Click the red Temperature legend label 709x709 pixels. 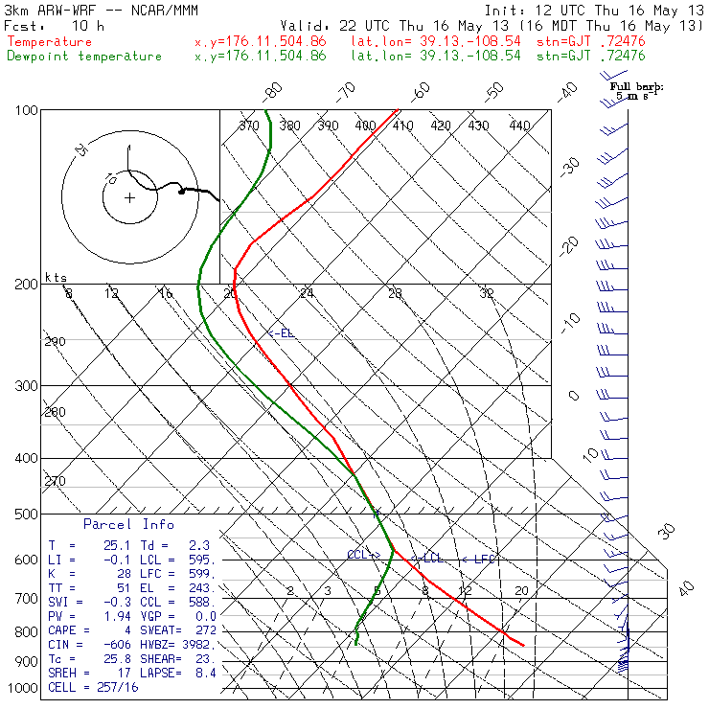[x=50, y=42]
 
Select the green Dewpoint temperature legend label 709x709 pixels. [x=84, y=56]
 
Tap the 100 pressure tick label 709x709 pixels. [x=27, y=111]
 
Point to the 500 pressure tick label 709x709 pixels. [x=27, y=515]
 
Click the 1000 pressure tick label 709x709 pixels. [x=23, y=689]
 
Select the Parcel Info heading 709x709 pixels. [x=128, y=525]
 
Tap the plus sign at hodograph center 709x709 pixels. [x=129, y=198]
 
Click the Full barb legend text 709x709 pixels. [x=637, y=86]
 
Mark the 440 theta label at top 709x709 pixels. [x=519, y=126]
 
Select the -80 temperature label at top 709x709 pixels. [x=273, y=92]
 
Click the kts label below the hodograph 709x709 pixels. [x=57, y=277]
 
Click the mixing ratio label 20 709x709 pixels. [x=521, y=590]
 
